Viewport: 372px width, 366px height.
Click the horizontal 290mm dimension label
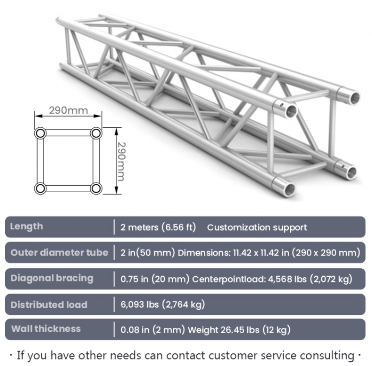coord(69,110)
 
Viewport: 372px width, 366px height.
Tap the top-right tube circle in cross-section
coord(96,133)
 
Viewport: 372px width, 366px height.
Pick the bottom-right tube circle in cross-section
coord(96,188)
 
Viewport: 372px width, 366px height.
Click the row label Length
coord(26,226)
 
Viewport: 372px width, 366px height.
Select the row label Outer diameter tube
coord(59,253)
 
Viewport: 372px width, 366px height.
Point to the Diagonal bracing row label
coord(52,278)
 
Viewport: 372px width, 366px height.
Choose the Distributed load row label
coord(49,304)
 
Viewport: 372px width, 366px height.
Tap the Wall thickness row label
coord(46,329)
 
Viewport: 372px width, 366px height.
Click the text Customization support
coord(257,227)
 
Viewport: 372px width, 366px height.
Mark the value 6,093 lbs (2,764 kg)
coord(163,304)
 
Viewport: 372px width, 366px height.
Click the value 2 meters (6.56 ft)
coord(158,227)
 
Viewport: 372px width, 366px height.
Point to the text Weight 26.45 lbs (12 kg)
coord(239,330)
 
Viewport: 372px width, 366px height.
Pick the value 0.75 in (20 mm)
coord(155,279)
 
